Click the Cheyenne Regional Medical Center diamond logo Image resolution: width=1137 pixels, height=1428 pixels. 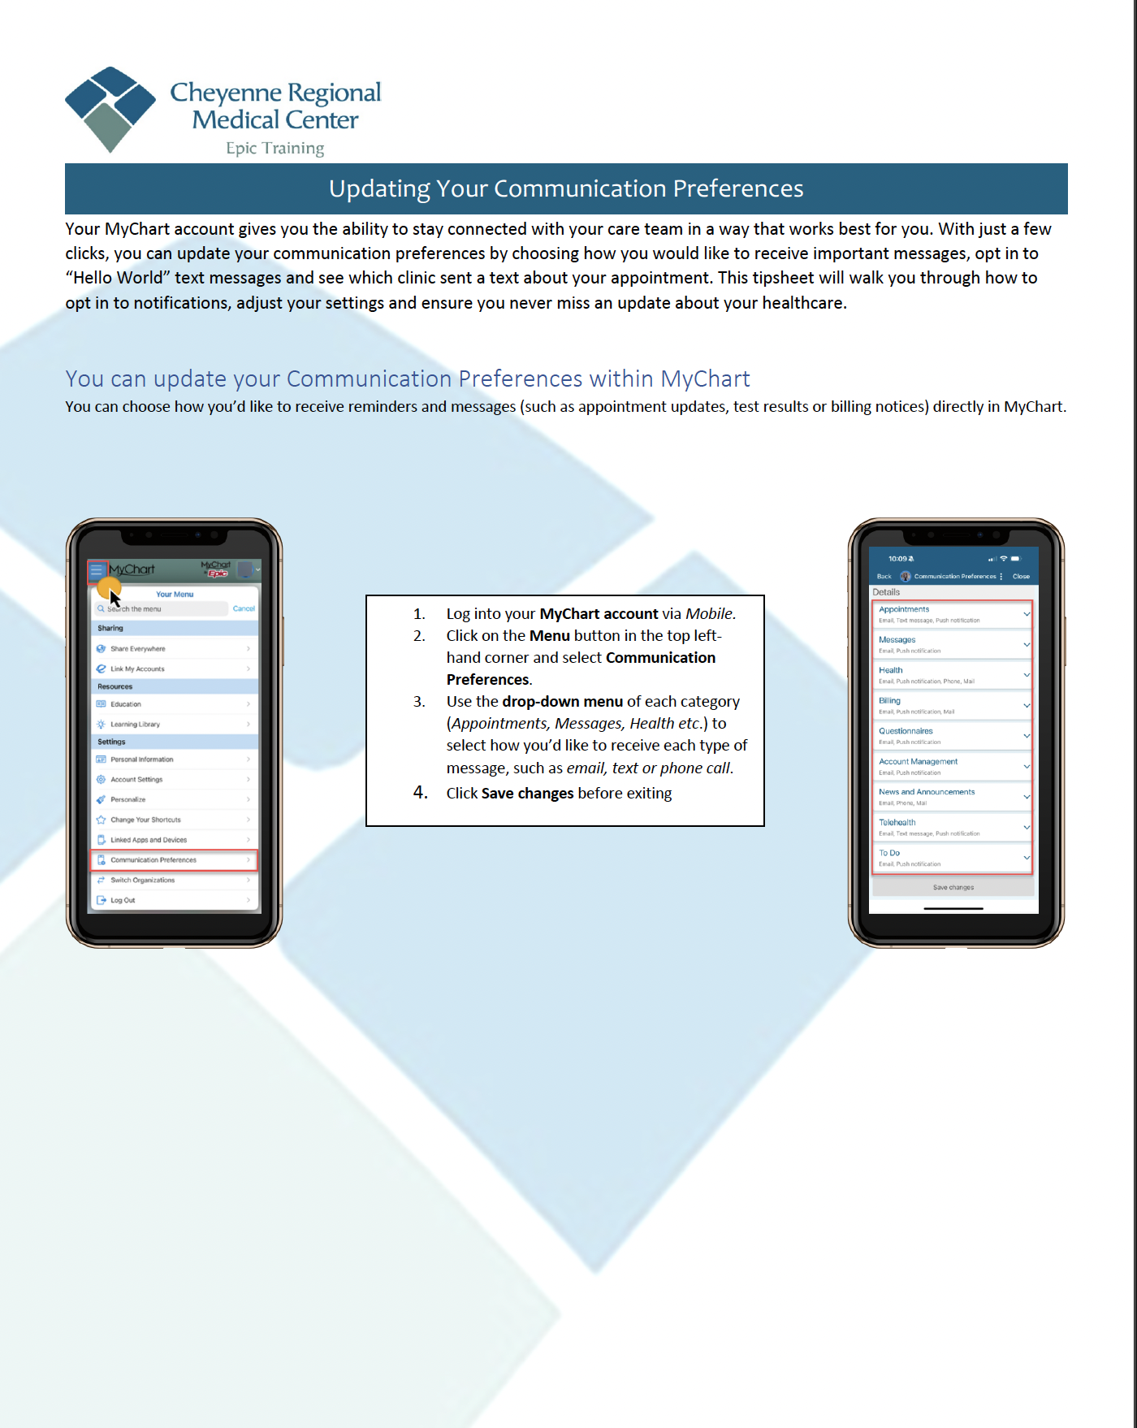(110, 109)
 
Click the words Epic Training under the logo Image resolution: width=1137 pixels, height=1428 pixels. (275, 148)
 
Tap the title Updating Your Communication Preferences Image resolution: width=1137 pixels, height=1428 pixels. (566, 188)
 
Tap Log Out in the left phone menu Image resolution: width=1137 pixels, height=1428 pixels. (123, 900)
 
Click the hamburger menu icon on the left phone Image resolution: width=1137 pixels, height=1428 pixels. (97, 569)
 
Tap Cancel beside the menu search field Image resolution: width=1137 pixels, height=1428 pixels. (244, 608)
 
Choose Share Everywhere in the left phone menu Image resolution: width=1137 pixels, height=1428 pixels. (138, 648)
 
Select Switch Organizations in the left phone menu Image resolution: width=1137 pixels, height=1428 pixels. (143, 880)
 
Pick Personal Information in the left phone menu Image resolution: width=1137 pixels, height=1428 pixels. (142, 759)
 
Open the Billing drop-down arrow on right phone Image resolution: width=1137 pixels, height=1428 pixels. (1027, 705)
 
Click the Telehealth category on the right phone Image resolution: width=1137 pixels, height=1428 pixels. (897, 822)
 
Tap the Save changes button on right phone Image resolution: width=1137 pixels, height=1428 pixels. (953, 887)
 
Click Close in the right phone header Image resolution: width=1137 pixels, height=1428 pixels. (1021, 576)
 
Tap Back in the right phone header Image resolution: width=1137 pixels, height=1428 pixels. (884, 576)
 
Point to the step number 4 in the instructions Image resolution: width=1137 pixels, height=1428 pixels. (420, 792)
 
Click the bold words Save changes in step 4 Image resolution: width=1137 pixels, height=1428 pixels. (527, 793)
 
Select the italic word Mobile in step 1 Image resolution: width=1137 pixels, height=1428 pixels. (709, 613)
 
